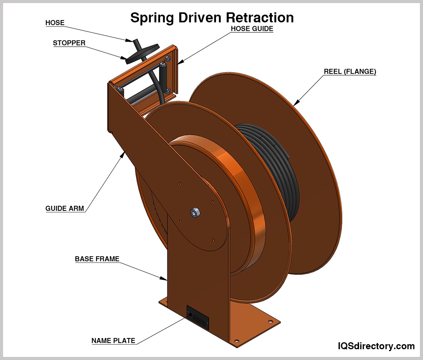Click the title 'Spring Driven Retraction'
pyautogui.click(x=212, y=18)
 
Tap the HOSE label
pyautogui.click(x=55, y=23)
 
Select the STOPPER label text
pyautogui.click(x=69, y=43)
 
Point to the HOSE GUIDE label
pyautogui.click(x=252, y=29)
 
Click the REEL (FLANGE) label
pyautogui.click(x=350, y=72)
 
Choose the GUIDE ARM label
pyautogui.click(x=65, y=209)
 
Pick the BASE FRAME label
pyautogui.click(x=97, y=259)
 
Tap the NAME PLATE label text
pyautogui.click(x=113, y=341)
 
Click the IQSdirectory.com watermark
pyautogui.click(x=376, y=346)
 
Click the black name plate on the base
pyautogui.click(x=198, y=317)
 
